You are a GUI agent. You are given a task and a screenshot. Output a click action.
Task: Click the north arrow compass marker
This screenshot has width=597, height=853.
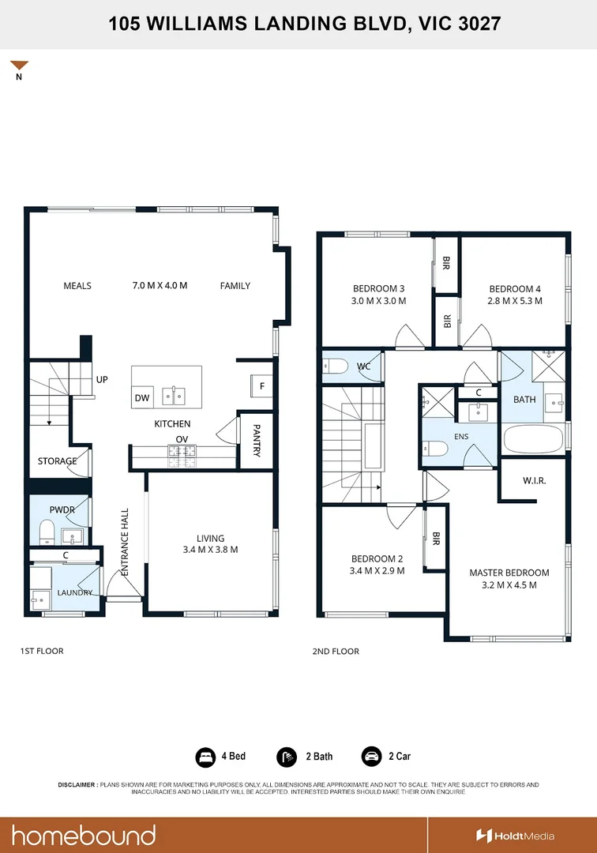tap(19, 65)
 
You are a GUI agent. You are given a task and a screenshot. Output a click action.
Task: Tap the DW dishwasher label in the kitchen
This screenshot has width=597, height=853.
tap(142, 397)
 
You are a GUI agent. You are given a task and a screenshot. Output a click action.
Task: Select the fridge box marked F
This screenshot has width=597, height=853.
tap(261, 385)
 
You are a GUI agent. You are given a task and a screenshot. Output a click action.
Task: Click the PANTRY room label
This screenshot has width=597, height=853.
tap(257, 441)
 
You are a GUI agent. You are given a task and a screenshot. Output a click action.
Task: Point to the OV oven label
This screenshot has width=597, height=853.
tap(182, 439)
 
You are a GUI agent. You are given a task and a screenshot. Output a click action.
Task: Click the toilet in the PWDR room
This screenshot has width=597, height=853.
tap(47, 532)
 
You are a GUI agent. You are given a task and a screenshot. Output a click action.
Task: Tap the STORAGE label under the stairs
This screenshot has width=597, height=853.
tap(57, 460)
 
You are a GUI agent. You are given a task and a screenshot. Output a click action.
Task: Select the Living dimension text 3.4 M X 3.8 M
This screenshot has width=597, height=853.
tap(210, 550)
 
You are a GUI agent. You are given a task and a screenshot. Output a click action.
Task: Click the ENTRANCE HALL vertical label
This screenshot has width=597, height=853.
tap(125, 542)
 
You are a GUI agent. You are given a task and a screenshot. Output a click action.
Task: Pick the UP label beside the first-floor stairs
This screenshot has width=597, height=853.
tap(102, 379)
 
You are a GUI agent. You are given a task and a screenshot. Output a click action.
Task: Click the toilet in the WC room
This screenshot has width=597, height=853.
tap(335, 366)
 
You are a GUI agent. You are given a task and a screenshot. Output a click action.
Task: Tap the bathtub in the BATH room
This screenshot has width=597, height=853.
tap(533, 438)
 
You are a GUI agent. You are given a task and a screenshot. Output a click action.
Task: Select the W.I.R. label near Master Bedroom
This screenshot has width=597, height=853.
tap(535, 480)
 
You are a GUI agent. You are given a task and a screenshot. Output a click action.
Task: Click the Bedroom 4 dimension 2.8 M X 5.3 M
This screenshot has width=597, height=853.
tap(515, 301)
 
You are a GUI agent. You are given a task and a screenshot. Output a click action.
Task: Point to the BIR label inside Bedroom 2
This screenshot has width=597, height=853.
tap(436, 539)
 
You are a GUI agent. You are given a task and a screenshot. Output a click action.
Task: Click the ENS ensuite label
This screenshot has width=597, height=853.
tap(461, 436)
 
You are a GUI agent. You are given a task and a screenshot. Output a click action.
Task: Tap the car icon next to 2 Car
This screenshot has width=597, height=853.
tap(371, 756)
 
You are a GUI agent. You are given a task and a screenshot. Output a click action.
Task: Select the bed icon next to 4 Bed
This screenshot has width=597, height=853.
tap(205, 756)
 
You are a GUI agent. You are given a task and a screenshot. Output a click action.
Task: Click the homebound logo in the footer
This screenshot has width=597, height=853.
tap(84, 836)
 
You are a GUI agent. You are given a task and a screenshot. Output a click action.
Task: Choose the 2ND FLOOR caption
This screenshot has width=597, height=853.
tap(336, 651)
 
